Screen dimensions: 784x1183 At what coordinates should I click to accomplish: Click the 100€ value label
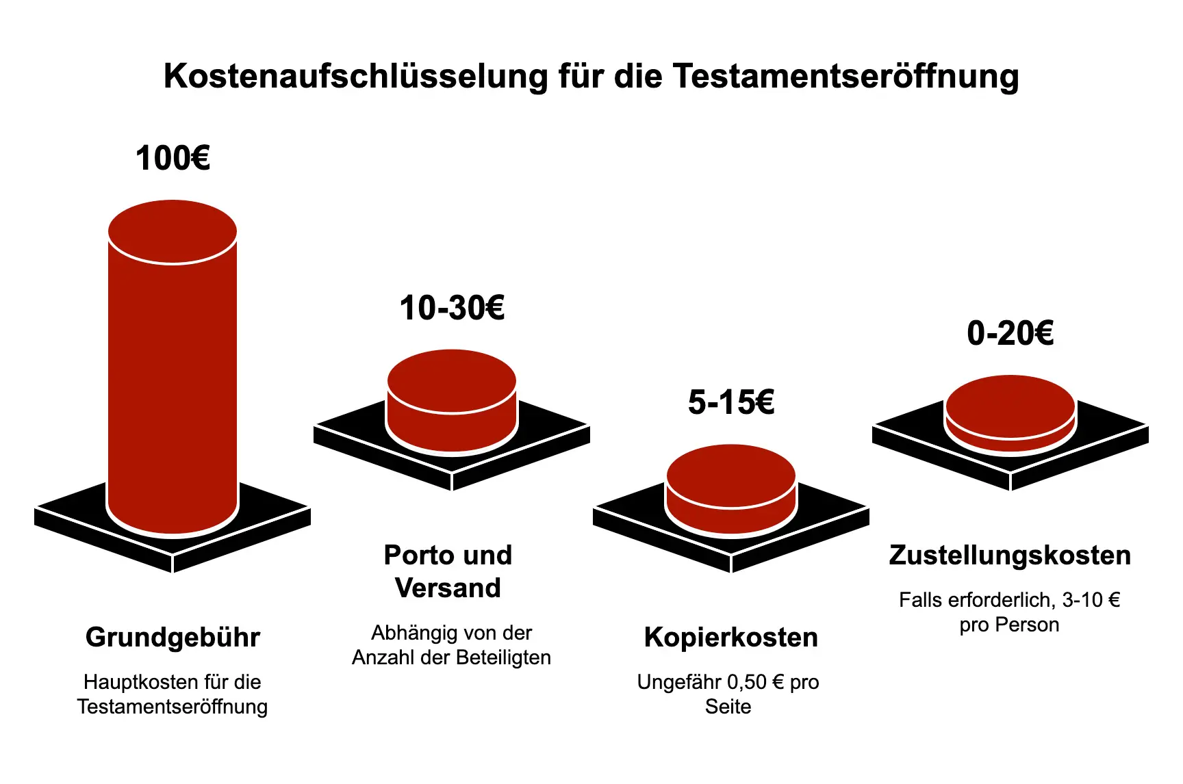click(x=173, y=159)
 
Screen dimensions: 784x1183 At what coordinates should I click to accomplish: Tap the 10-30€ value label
click(x=452, y=309)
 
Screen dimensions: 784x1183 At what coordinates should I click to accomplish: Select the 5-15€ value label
click(x=731, y=402)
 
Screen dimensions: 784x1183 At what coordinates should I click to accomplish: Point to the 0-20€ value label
click(x=1010, y=334)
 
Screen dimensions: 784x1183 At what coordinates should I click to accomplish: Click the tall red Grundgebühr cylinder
click(x=173, y=383)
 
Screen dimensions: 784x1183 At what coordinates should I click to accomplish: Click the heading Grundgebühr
click(x=173, y=638)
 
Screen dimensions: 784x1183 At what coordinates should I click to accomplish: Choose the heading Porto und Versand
click(x=448, y=571)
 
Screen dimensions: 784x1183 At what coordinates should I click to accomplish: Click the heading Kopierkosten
click(x=731, y=638)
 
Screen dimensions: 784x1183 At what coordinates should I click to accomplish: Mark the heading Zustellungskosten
click(x=1010, y=556)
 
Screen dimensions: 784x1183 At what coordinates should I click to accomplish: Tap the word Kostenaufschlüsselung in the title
click(x=356, y=76)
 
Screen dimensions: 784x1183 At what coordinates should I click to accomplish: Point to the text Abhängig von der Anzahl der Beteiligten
click(x=451, y=645)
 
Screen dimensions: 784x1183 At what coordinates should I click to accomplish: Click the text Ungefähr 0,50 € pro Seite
click(x=728, y=694)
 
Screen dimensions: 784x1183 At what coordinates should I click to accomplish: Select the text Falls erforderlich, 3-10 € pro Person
click(x=1010, y=612)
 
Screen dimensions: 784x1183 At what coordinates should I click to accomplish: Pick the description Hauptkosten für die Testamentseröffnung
click(x=173, y=694)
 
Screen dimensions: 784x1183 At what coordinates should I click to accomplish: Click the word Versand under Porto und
click(x=448, y=588)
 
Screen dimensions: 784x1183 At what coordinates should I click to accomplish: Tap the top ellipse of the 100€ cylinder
click(x=173, y=231)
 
